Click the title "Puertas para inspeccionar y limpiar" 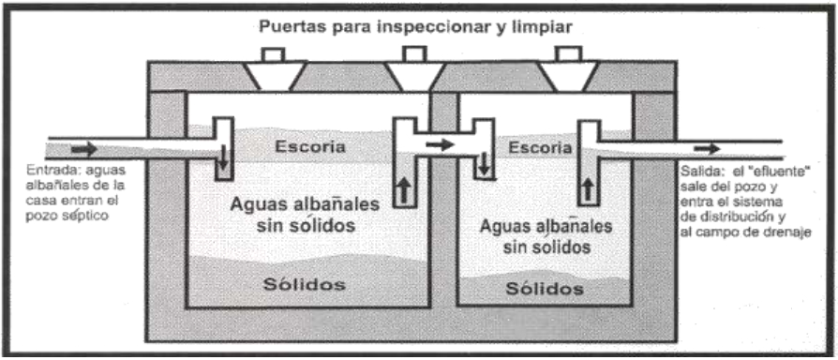point(418,25)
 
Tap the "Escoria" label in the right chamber point(538,148)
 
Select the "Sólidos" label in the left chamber point(304,283)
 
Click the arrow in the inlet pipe point(83,148)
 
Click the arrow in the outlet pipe point(708,148)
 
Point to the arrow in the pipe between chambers point(439,144)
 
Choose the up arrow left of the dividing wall point(404,190)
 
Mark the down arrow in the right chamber point(484,166)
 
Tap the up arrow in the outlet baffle point(590,190)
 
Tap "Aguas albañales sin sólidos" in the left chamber point(304,214)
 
